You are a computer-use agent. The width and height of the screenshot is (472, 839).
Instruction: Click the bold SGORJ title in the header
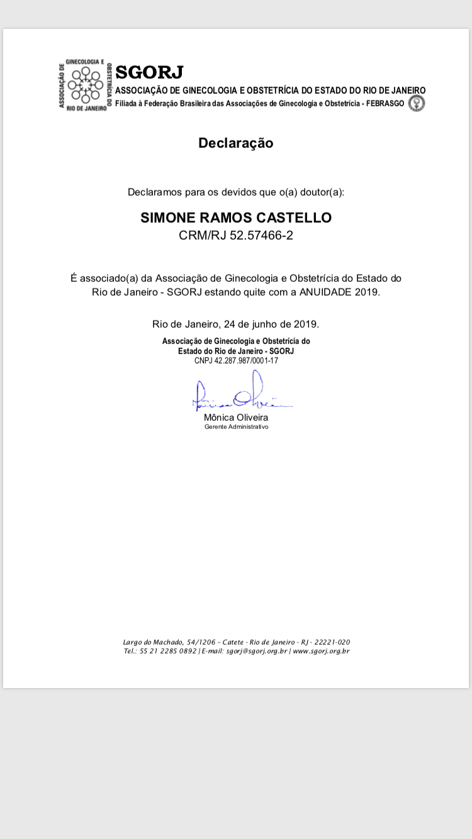click(149, 72)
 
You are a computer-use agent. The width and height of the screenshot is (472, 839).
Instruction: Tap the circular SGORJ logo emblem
click(85, 84)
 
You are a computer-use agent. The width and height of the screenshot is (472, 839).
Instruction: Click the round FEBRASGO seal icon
click(417, 104)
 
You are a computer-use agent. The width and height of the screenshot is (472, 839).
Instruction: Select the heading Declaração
click(236, 143)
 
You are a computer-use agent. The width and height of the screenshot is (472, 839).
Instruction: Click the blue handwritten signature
click(239, 393)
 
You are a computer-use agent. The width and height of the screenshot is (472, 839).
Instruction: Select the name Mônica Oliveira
click(236, 418)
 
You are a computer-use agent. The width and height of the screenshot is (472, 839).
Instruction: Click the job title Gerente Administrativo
click(236, 427)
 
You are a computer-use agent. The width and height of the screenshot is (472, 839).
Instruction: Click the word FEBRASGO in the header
click(384, 104)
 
